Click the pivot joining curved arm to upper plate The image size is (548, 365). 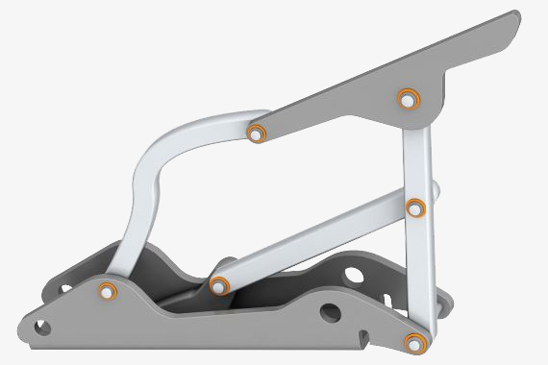256,133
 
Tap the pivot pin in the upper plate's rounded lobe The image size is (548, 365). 407,98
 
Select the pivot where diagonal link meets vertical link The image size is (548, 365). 415,207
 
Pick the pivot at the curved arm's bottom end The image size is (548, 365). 108,291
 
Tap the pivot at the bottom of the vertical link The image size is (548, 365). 413,342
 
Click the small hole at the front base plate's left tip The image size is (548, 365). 42,328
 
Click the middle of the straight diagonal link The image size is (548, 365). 317,245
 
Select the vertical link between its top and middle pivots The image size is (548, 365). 413,154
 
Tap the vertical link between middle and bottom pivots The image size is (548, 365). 416,274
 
